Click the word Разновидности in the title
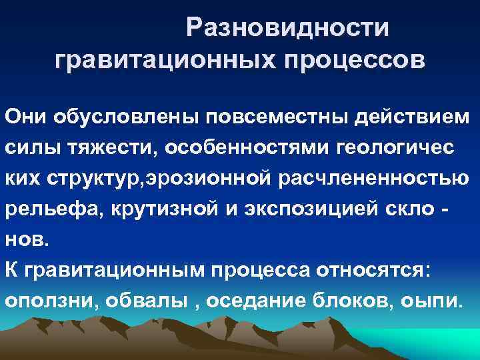(288, 27)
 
